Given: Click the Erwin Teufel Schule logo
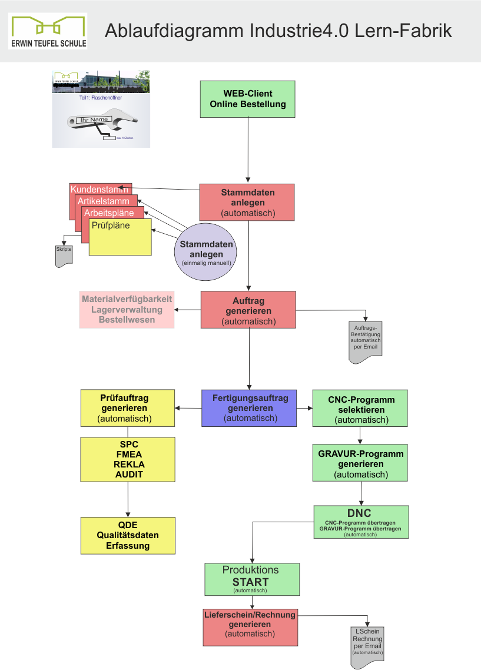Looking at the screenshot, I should pyautogui.click(x=48, y=31).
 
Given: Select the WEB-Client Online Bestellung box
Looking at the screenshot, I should pyautogui.click(x=247, y=99).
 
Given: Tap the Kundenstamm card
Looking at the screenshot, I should pyautogui.click(x=99, y=189).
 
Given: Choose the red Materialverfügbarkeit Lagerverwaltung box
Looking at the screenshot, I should pyautogui.click(x=127, y=310).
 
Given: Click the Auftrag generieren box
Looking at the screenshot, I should pyautogui.click(x=248, y=310).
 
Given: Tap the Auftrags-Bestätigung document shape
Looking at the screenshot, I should pyautogui.click(x=366, y=339).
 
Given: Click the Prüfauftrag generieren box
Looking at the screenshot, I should pyautogui.click(x=127, y=408).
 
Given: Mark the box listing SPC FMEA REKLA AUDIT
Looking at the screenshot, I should pyautogui.click(x=128, y=459).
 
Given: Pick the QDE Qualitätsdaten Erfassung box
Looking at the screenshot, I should pyautogui.click(x=128, y=535).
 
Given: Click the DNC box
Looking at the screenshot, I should pyautogui.click(x=360, y=522).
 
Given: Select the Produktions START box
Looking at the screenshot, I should pyautogui.click(x=252, y=579).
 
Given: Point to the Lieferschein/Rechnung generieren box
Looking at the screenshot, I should pyautogui.click(x=250, y=626).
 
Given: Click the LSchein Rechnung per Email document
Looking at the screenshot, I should pyautogui.click(x=367, y=646).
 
